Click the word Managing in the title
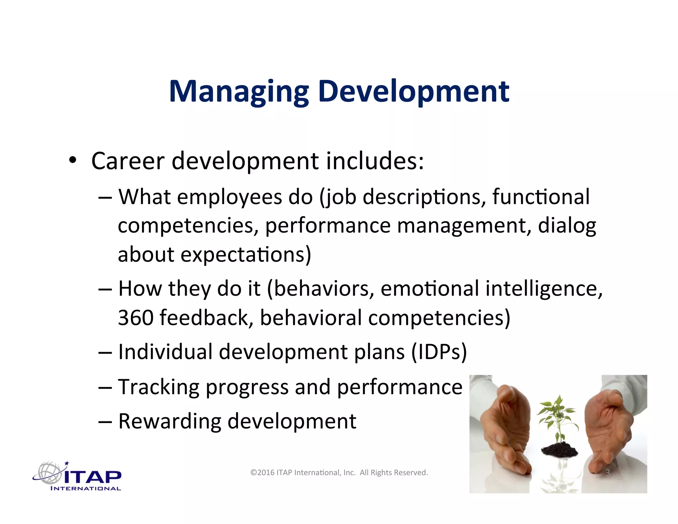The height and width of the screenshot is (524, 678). (x=239, y=92)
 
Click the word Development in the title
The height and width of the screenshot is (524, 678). (x=413, y=92)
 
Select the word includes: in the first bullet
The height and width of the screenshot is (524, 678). (x=375, y=161)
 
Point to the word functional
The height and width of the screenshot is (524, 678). (x=541, y=197)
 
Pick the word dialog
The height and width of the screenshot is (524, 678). (x=567, y=226)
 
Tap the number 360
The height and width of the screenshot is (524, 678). (x=136, y=318)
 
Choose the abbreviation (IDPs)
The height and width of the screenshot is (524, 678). (x=439, y=352)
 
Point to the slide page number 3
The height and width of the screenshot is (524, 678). (x=607, y=473)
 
